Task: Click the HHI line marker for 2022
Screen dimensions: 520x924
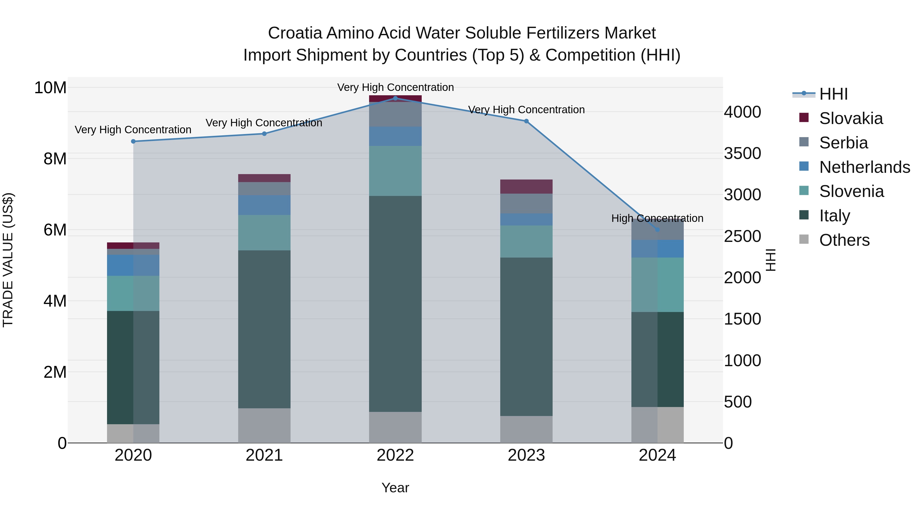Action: [395, 98]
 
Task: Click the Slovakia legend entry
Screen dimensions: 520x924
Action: [851, 118]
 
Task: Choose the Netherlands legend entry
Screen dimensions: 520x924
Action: [864, 167]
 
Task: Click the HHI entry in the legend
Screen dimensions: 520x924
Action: [833, 94]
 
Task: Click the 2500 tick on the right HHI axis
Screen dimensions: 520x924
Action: [742, 237]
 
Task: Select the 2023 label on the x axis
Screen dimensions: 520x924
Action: [526, 455]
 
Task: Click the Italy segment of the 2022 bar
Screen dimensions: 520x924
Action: [395, 304]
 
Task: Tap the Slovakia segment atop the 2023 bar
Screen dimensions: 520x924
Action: [526, 187]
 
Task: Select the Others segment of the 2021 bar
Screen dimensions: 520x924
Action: [264, 426]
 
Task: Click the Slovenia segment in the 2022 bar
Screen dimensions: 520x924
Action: [395, 171]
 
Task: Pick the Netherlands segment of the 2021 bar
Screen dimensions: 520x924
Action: [264, 205]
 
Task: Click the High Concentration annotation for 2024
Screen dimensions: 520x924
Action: [657, 218]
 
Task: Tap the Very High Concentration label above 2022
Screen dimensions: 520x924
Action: [395, 87]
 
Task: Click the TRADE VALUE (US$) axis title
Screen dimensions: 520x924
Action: [8, 260]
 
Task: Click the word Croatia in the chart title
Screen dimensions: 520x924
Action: [295, 33]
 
